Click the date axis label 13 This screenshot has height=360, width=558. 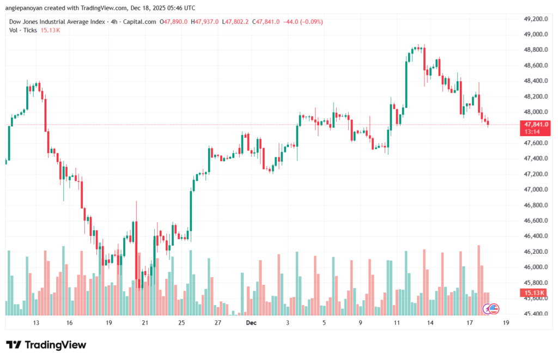(x=37, y=322)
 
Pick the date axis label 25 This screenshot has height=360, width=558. (x=181, y=322)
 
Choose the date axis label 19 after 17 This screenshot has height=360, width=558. (x=506, y=322)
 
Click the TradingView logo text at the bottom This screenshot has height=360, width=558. (x=46, y=345)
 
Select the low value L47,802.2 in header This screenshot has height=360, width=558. (x=236, y=22)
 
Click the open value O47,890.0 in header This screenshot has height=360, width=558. (x=174, y=22)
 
